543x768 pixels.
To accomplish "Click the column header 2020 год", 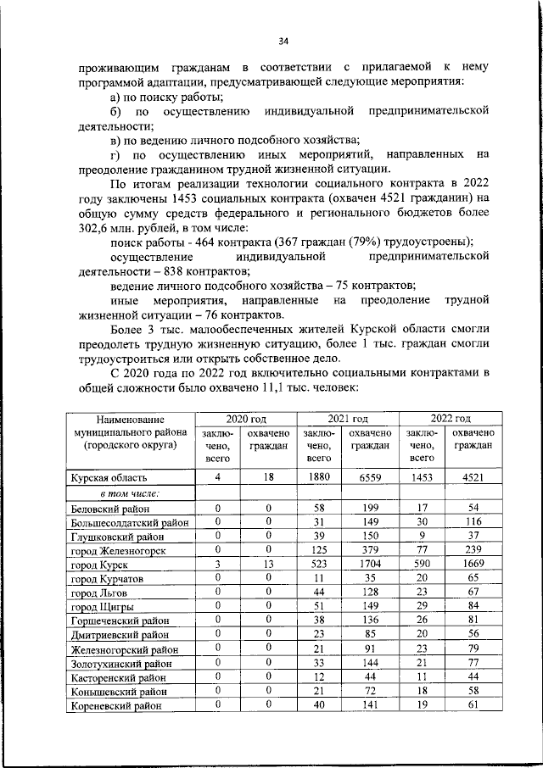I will [x=246, y=419].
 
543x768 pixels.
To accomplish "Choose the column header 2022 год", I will [x=450, y=419].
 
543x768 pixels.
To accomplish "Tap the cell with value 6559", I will [x=370, y=478].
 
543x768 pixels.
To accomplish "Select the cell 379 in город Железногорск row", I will [x=370, y=549].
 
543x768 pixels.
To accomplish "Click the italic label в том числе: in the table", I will [x=131, y=493].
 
